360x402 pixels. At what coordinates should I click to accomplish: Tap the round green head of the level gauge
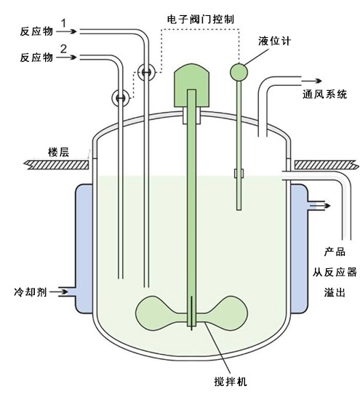[x=239, y=71]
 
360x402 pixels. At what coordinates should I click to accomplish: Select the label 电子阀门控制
[x=211, y=17]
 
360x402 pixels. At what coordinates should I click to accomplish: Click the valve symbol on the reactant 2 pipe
[x=120, y=96]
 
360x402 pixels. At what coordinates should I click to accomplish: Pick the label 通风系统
[x=324, y=95]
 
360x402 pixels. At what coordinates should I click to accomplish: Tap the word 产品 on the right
[x=334, y=252]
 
